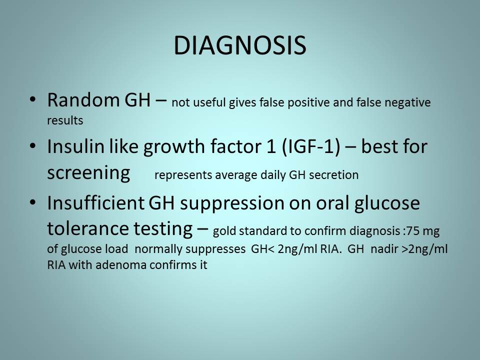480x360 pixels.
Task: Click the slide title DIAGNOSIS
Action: coord(240,45)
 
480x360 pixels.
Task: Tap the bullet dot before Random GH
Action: coord(33,99)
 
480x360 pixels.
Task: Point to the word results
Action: coord(65,120)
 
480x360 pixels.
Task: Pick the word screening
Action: coord(89,173)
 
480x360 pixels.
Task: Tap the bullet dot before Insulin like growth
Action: coord(33,145)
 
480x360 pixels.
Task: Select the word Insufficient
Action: coord(95,202)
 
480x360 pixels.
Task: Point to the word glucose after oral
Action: coord(387,203)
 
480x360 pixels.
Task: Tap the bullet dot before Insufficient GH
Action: coord(33,202)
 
